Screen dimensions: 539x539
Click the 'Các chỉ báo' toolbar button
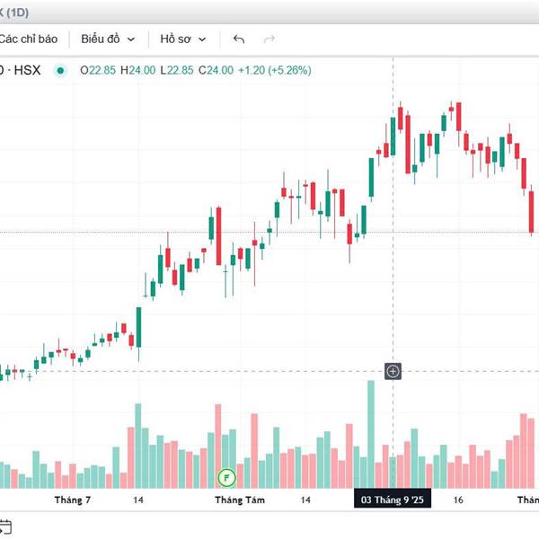29,39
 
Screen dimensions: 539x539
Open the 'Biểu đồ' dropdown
108,39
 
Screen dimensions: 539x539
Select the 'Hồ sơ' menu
183,39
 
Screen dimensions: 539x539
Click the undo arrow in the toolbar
238,39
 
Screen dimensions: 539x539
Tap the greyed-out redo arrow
269,39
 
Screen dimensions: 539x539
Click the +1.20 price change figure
252,70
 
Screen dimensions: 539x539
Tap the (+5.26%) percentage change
291,70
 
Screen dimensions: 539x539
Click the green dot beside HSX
60,70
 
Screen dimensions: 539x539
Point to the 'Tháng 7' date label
73,499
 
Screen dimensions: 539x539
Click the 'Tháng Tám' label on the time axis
236,499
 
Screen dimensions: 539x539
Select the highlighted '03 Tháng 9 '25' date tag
393,499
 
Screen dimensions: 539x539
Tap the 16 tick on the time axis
458,499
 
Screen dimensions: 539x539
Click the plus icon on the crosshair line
393,371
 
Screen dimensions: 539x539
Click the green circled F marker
227,475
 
